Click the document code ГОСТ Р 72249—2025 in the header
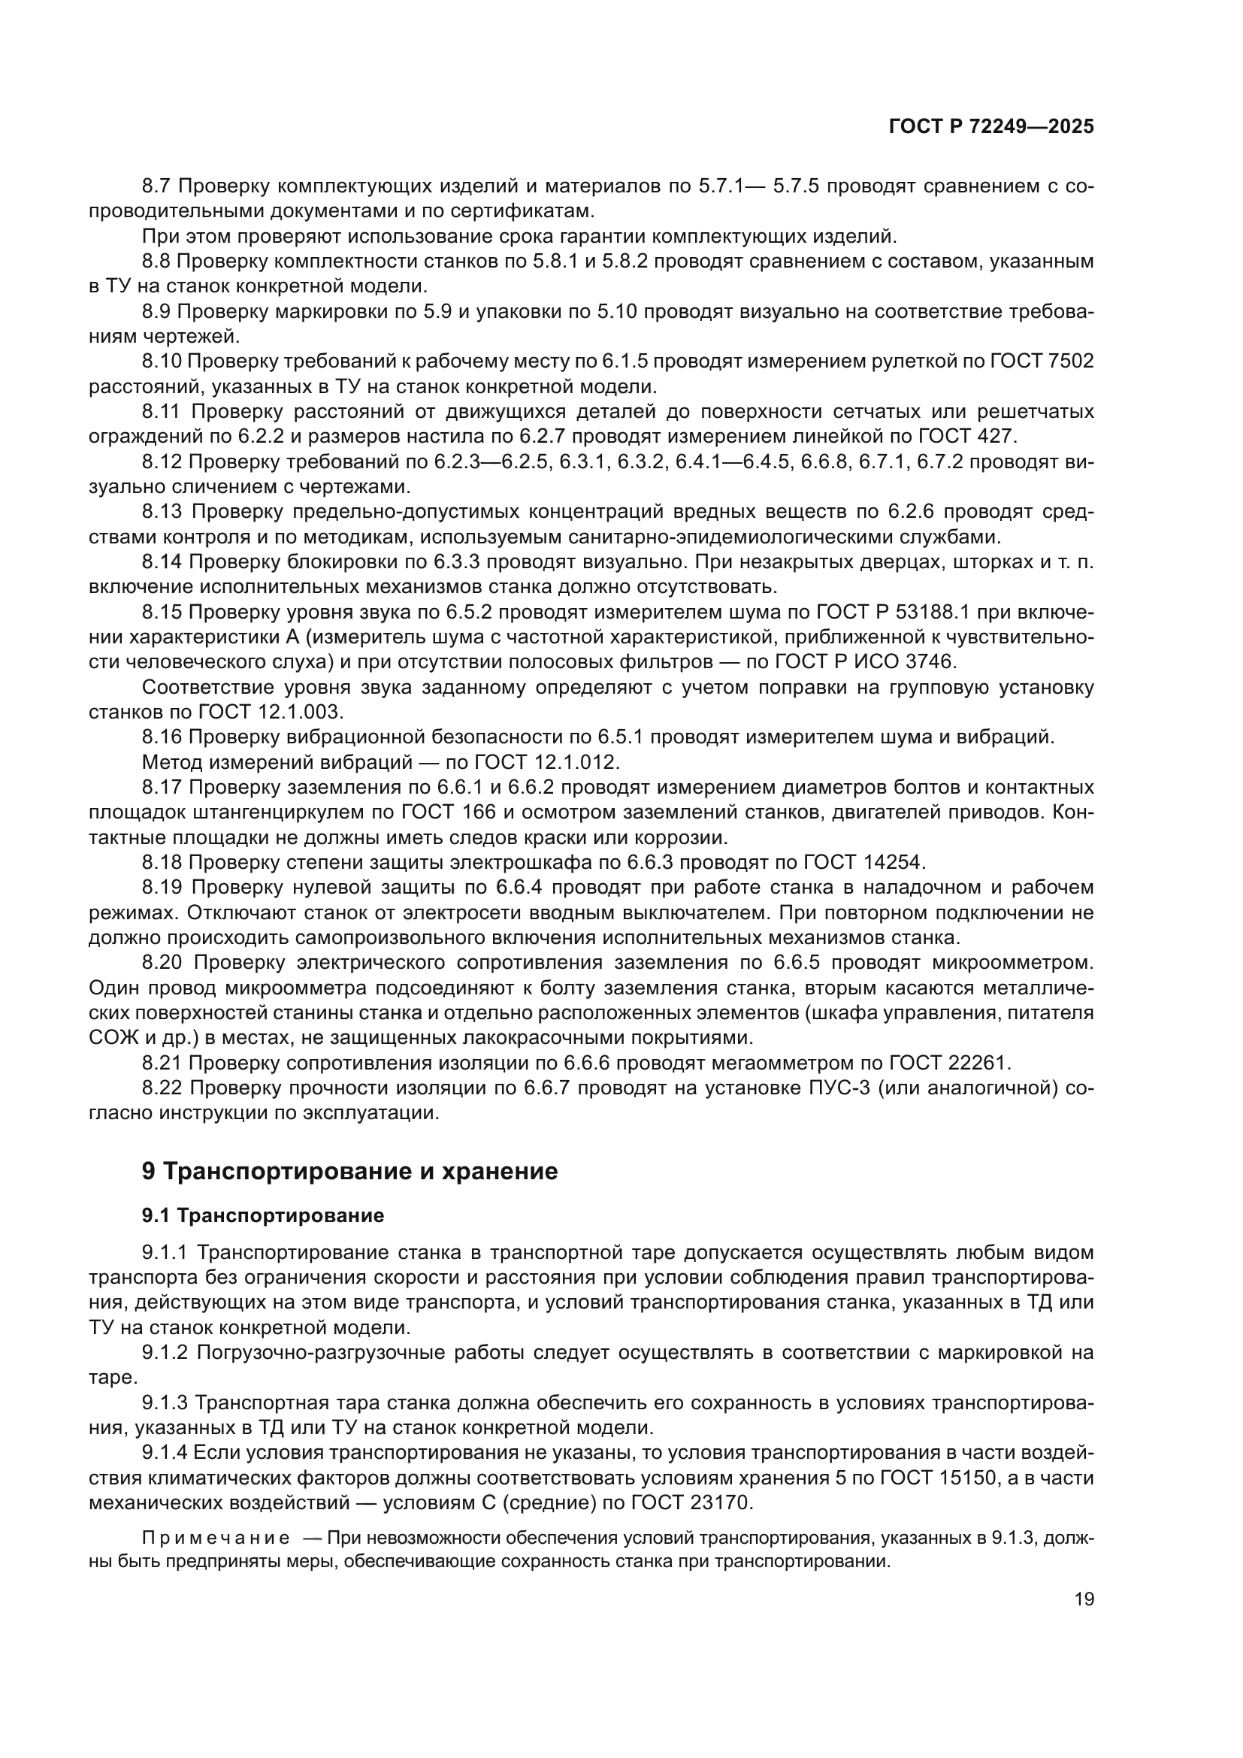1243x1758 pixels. (x=991, y=127)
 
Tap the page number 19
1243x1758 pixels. (x=1084, y=1599)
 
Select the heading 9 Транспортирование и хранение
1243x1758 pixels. (x=349, y=1172)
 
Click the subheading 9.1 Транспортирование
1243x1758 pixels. (x=262, y=1216)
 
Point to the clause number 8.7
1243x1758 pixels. (x=158, y=186)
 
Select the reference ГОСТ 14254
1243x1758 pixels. (x=863, y=862)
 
